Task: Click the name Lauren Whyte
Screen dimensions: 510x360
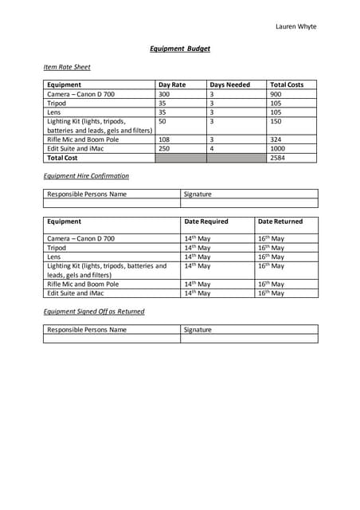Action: coord(295,26)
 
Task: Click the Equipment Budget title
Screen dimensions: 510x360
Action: coord(180,49)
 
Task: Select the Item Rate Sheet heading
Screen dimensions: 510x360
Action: coord(67,67)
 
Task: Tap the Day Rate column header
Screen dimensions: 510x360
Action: coord(172,84)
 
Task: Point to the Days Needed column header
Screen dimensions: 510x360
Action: coord(229,84)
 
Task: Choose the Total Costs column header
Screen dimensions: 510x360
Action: coord(287,84)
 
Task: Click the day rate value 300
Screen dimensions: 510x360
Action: coord(164,94)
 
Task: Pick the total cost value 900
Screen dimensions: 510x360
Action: coord(276,94)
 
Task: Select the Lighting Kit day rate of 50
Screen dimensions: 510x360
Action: coord(162,121)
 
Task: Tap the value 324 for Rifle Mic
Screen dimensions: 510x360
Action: coord(276,139)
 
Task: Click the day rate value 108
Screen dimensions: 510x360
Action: coord(164,139)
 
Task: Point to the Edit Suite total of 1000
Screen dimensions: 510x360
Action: coord(278,149)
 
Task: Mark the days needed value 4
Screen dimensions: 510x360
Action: coord(212,149)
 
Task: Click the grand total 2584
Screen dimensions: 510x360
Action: coord(278,159)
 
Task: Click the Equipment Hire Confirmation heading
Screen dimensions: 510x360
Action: coord(86,175)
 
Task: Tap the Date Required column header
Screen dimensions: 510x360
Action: coord(206,222)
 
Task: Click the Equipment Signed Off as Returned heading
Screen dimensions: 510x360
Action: coord(94,312)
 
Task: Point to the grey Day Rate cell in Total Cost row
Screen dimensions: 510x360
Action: coord(180,158)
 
